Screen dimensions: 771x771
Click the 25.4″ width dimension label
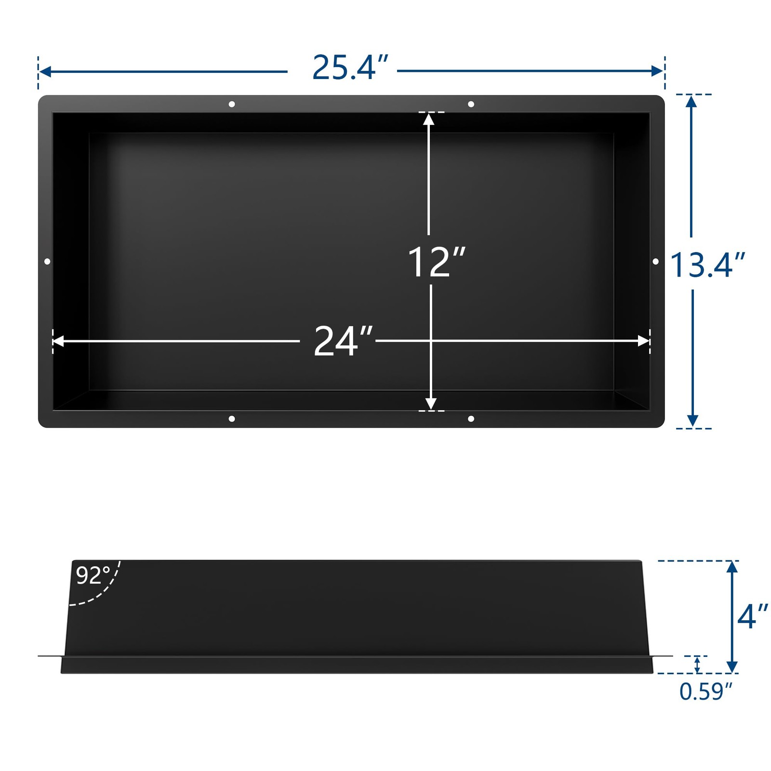(x=350, y=67)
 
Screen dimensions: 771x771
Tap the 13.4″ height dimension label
(x=707, y=265)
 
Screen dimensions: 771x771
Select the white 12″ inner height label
(x=437, y=262)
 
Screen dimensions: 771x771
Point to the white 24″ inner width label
(x=343, y=341)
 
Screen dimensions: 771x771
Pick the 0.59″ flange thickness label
(x=706, y=691)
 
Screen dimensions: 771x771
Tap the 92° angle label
(x=93, y=575)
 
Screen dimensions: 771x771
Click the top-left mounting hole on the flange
(x=232, y=104)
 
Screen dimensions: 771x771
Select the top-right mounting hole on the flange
(x=471, y=104)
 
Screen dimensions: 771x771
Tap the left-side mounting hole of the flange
(x=47, y=261)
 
